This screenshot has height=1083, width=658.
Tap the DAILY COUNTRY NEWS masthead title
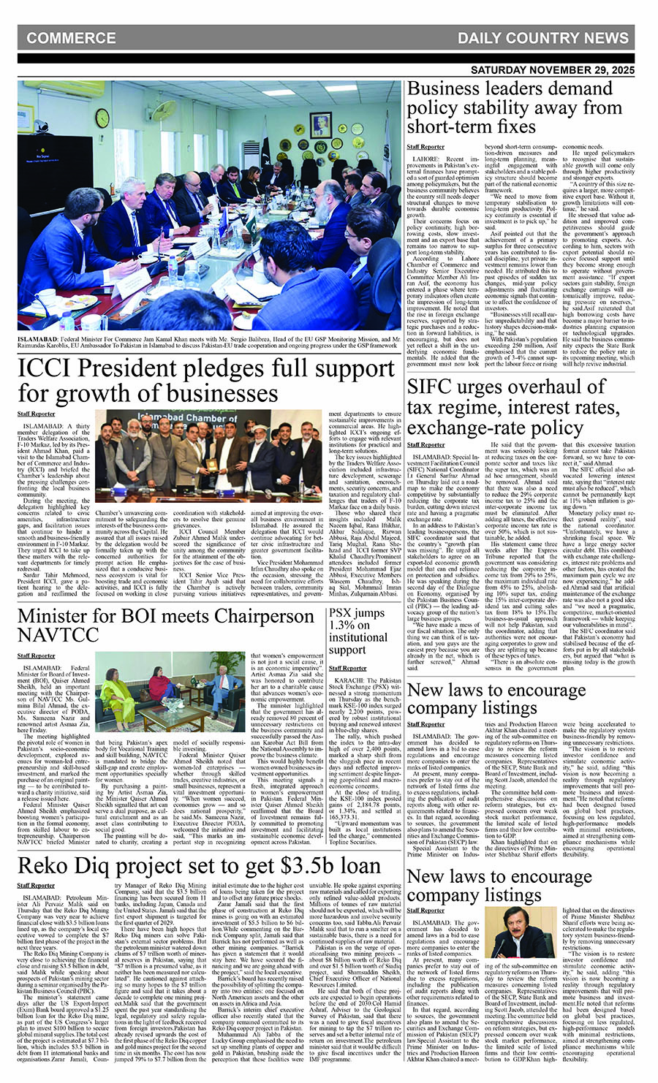click(542, 38)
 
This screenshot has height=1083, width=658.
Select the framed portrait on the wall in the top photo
click(319, 124)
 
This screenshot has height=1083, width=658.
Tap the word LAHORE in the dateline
click(426, 159)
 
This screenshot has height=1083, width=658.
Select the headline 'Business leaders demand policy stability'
click(514, 107)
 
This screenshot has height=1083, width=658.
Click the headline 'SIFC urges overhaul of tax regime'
click(514, 406)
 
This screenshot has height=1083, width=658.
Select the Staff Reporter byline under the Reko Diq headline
click(36, 885)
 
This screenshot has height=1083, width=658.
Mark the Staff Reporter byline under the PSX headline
click(347, 668)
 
